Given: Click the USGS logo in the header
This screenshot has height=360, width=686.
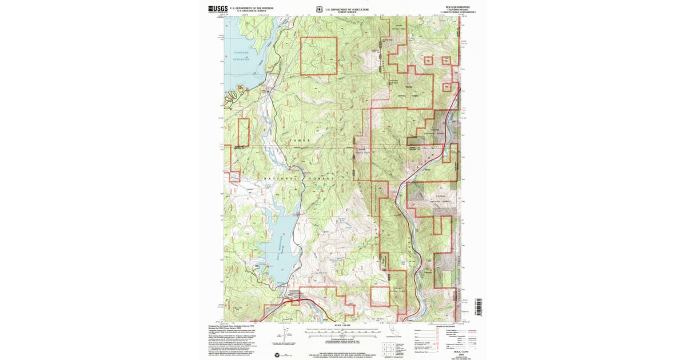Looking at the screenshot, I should pos(218,9).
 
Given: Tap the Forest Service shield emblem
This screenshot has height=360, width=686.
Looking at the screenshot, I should pos(318,9).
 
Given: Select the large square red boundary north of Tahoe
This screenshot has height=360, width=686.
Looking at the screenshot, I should pos(319,56).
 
